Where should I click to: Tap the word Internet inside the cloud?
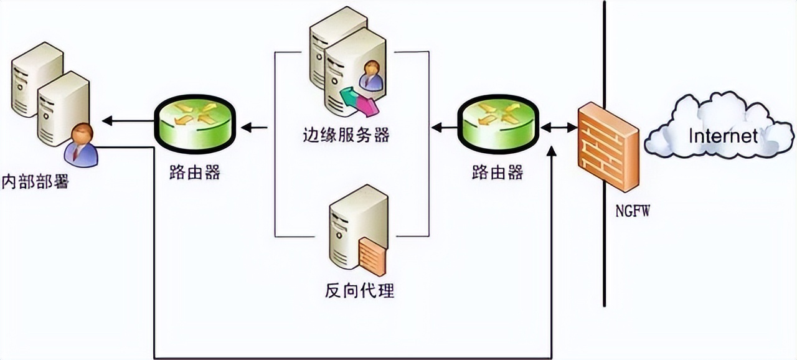(722, 135)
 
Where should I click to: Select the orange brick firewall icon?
(607, 148)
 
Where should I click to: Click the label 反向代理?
(359, 290)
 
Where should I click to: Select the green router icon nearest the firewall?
(498, 125)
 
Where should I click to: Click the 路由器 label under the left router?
(194, 173)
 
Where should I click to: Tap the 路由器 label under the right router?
(497, 173)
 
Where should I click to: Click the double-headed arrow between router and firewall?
(559, 127)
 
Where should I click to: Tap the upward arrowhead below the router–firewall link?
(552, 152)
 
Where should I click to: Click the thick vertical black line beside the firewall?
(604, 262)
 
